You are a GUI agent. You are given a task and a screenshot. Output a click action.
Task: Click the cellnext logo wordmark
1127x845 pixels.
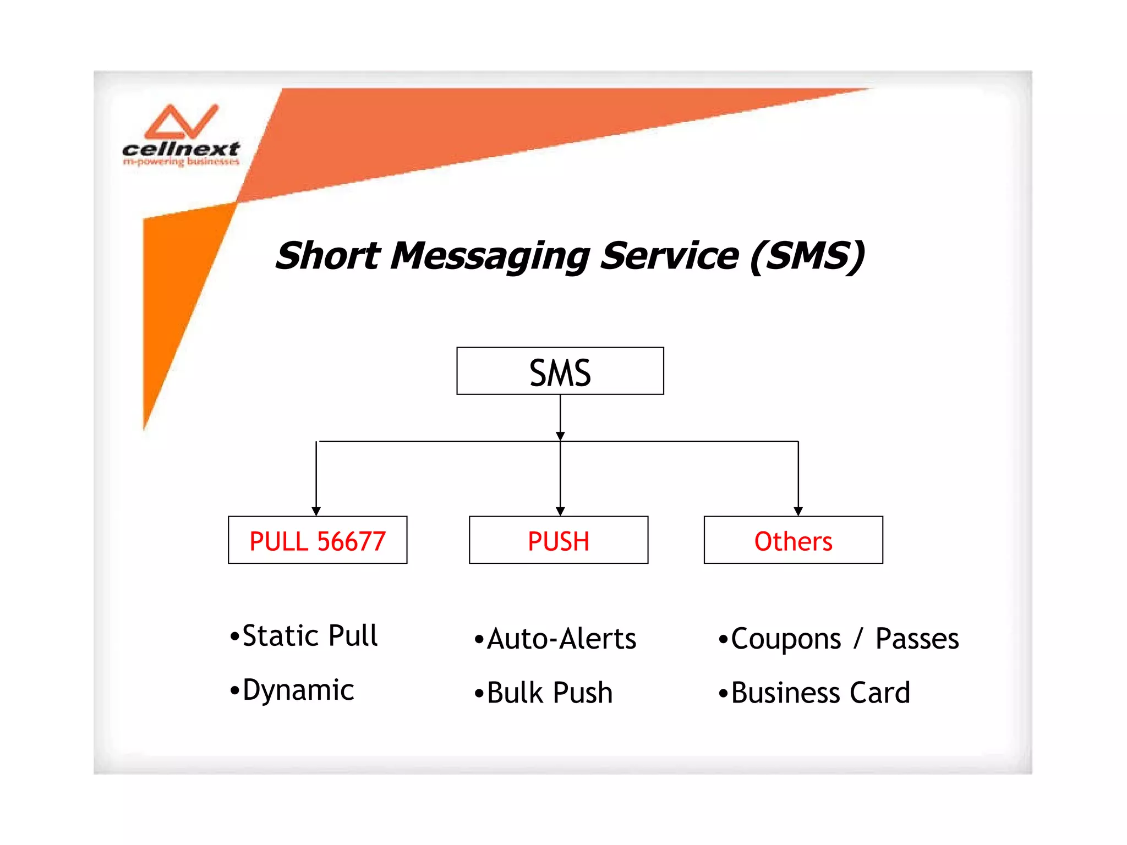tap(181, 149)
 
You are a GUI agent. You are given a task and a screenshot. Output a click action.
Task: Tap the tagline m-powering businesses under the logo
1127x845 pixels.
tap(181, 162)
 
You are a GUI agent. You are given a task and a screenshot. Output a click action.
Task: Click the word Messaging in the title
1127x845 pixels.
tap(489, 256)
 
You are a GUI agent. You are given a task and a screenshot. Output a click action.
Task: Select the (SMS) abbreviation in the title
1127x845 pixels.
tap(807, 256)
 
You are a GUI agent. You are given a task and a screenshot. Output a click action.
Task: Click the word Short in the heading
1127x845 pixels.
tap(328, 256)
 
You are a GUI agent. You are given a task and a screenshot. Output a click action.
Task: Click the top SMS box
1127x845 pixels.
tap(560, 371)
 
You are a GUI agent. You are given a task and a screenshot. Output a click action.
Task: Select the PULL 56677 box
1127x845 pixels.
tap(318, 540)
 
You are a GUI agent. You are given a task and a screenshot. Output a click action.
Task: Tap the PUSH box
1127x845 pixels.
tap(558, 540)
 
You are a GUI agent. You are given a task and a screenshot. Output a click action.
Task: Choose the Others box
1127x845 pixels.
tap(793, 540)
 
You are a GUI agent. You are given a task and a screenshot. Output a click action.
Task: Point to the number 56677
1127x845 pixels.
tap(352, 541)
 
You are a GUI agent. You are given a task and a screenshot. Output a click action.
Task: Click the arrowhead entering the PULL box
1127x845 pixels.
tap(316, 511)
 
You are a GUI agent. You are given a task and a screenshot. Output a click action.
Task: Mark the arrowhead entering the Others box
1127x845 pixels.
tap(798, 511)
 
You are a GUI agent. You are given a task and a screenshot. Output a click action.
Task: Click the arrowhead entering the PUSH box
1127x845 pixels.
tap(560, 511)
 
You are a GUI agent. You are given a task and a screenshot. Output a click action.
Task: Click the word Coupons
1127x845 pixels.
tap(785, 639)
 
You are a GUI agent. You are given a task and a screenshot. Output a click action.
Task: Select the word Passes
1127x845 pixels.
tap(917, 639)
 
